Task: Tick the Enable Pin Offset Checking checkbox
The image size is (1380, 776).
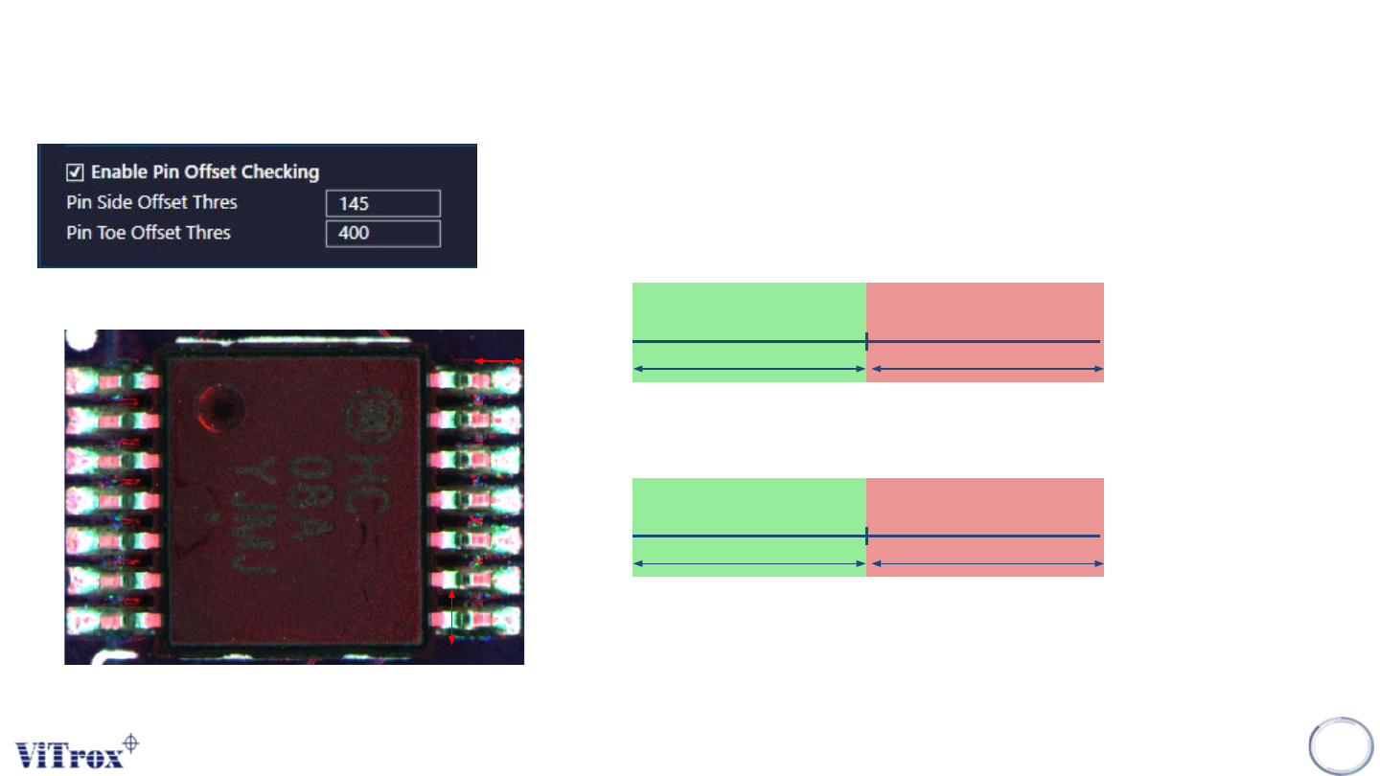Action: coord(74,172)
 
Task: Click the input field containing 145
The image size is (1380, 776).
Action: coord(382,203)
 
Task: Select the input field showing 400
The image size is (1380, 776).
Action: coord(382,233)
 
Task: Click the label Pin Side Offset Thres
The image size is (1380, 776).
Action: coord(151,202)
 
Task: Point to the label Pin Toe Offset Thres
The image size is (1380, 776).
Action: coord(149,232)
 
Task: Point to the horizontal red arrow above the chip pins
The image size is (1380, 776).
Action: coord(499,360)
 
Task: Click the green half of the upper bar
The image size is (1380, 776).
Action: coord(748,311)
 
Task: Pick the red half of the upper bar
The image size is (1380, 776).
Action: coord(984,311)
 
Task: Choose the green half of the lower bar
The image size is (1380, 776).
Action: coord(748,507)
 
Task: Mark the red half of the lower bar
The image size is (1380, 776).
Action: coord(984,507)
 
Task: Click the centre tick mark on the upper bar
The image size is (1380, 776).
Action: coord(866,341)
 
